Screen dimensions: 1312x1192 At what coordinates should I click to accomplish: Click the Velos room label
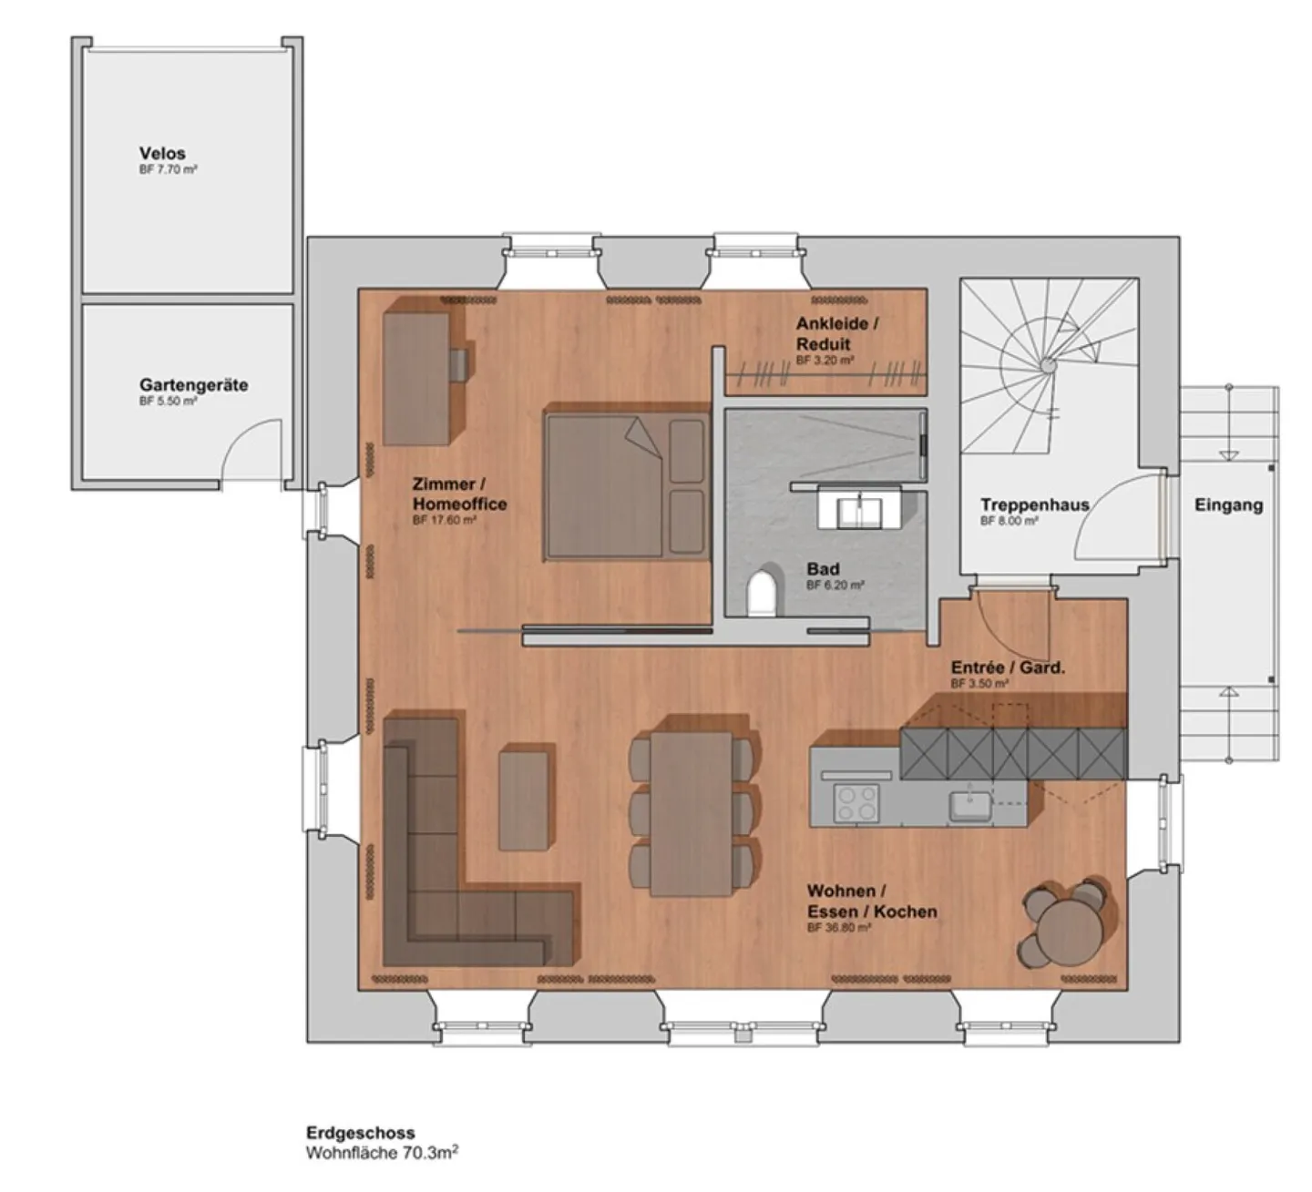[x=162, y=154]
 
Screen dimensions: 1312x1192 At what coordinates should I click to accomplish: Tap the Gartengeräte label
[x=193, y=385]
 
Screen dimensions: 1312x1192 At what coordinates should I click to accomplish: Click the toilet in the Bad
[x=762, y=593]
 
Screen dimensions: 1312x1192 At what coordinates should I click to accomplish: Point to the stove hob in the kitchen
[x=857, y=803]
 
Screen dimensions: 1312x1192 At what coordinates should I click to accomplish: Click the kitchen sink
[x=969, y=805]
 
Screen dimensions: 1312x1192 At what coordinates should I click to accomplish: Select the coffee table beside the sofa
[x=525, y=799]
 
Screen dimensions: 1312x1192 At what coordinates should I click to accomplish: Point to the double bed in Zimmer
[x=627, y=485]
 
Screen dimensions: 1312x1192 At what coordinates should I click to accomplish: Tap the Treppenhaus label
[x=1034, y=504]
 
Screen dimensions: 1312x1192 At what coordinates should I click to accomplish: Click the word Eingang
[x=1228, y=504]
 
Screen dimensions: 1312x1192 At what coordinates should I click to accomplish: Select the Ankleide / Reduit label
[x=836, y=333]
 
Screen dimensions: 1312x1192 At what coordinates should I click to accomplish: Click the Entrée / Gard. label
[x=1007, y=667]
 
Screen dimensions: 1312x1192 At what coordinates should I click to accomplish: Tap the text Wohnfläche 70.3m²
[x=382, y=1153]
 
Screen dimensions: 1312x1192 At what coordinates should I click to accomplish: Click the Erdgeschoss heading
[x=360, y=1133]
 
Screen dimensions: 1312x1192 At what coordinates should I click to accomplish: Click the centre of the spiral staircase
[x=1048, y=365]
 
